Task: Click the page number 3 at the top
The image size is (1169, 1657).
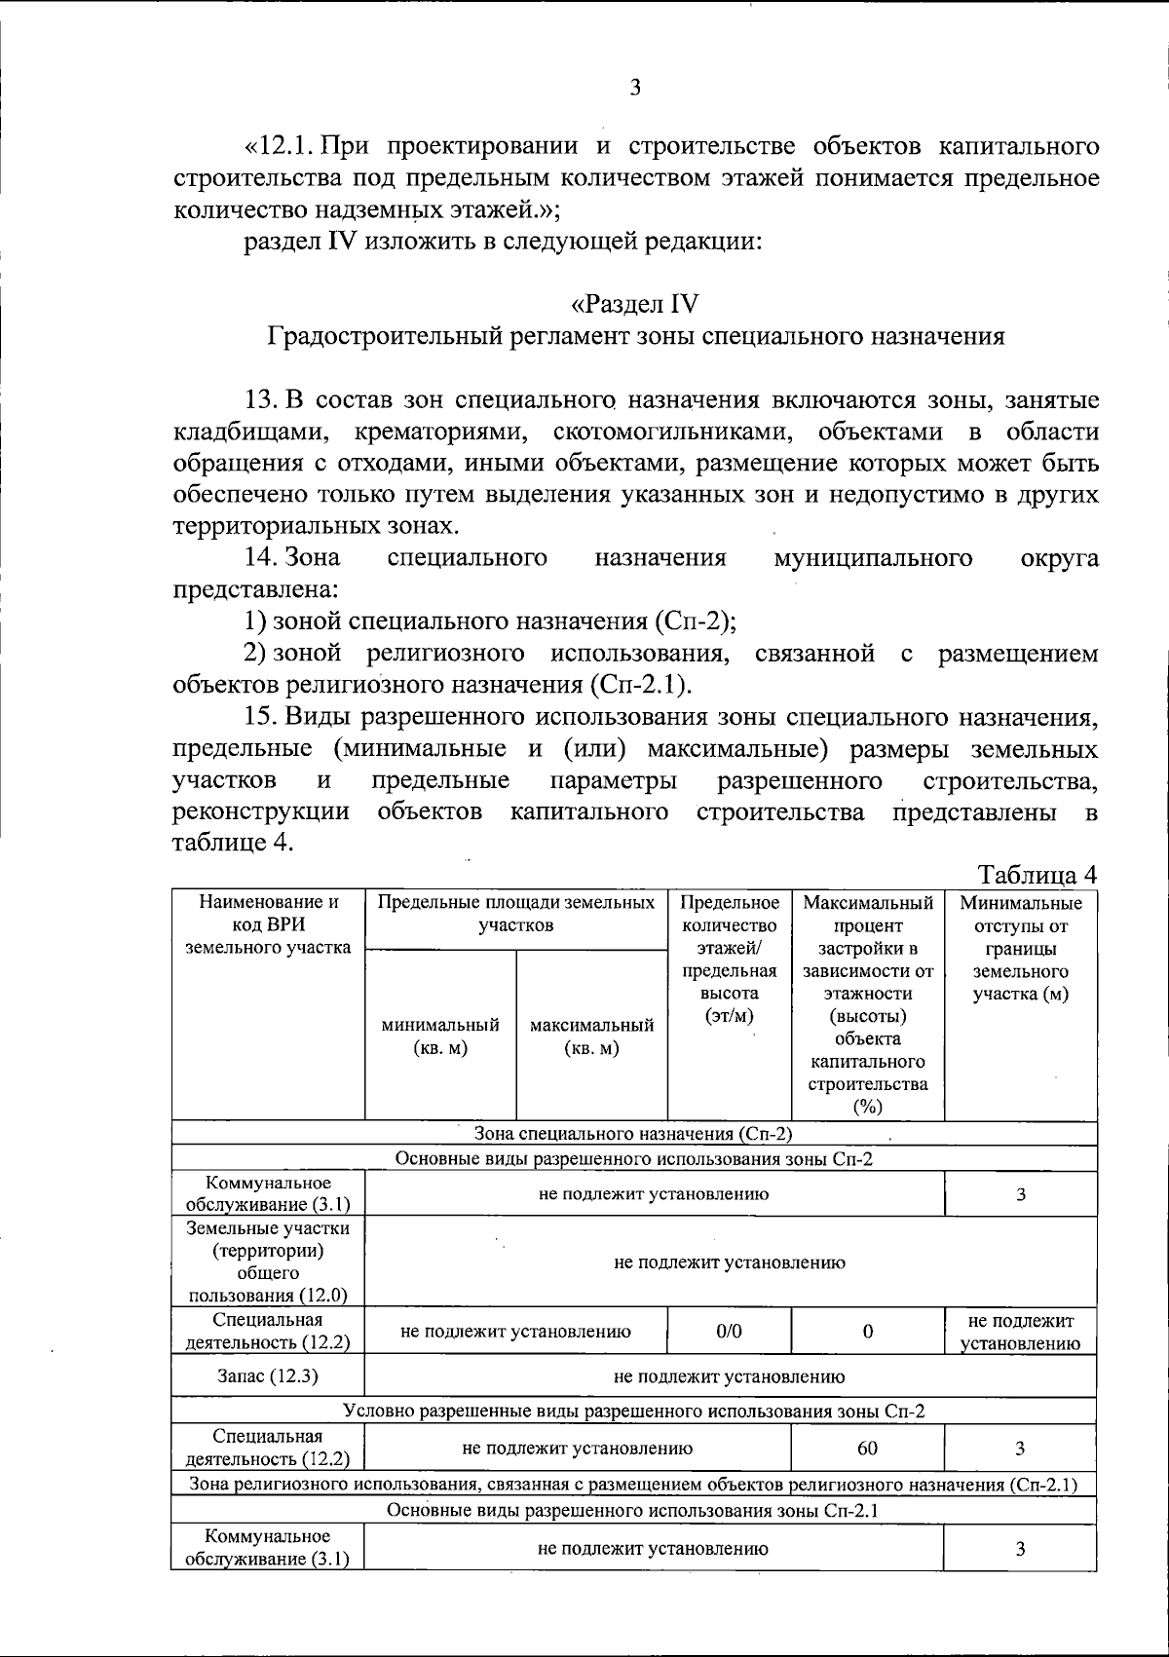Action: click(635, 88)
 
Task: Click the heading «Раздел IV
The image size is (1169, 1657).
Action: click(634, 304)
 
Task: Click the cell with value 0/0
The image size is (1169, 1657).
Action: click(729, 1331)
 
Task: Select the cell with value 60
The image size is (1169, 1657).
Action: click(867, 1448)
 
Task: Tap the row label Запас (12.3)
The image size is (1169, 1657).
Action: click(268, 1376)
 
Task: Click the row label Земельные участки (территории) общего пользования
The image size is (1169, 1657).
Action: click(268, 1262)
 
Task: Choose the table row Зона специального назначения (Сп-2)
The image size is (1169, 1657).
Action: click(633, 1134)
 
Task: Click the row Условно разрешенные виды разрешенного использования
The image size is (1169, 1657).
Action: click(633, 1411)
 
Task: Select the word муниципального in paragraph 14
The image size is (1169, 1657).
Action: click(872, 558)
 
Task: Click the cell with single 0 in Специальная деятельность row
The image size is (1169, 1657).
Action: click(867, 1331)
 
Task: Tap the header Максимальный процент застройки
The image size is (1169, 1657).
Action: click(867, 1003)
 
